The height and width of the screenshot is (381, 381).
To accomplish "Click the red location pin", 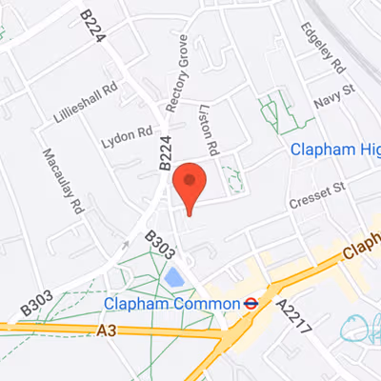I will (189, 184).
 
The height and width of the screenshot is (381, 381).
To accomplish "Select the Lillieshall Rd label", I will (86, 99).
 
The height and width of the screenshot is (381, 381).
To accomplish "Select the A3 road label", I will (108, 330).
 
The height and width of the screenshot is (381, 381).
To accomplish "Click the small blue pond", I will (174, 277).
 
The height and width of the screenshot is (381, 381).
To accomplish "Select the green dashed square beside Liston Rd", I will (232, 178).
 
